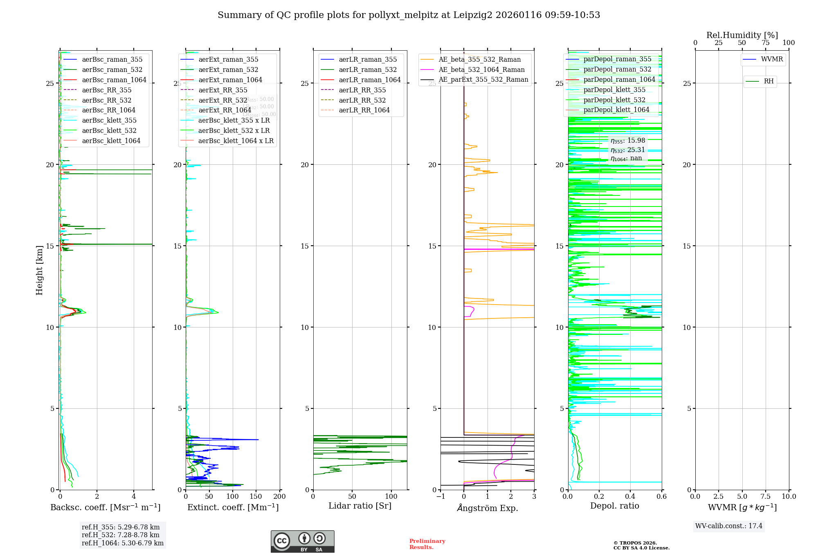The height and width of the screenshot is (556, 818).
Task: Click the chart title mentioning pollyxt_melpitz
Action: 409,15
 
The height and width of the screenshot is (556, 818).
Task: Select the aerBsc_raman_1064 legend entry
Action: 114,80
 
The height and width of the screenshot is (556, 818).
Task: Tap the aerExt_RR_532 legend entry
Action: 222,100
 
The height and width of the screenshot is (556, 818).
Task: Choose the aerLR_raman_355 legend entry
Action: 367,60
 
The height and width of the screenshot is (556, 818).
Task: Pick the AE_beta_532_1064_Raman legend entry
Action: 481,69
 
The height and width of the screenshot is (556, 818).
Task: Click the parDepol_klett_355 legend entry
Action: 614,90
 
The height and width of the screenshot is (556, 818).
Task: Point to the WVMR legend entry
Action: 771,59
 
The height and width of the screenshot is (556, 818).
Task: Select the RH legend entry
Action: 769,81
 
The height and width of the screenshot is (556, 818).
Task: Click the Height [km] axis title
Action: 39,270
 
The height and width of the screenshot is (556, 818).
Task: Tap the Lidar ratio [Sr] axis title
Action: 360,506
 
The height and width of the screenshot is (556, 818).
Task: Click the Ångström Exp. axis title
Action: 487,508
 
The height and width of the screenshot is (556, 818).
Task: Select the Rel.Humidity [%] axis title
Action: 742,35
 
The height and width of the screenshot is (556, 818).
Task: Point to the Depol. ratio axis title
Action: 614,506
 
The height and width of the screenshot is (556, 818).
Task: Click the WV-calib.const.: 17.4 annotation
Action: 729,526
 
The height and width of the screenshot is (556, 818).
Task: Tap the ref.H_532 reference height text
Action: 120,535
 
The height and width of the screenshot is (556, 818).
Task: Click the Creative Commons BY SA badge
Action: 302,541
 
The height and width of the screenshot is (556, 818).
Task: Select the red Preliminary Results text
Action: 427,544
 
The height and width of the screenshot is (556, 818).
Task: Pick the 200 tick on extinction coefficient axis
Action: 279,496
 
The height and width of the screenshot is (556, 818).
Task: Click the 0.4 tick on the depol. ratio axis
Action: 630,496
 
